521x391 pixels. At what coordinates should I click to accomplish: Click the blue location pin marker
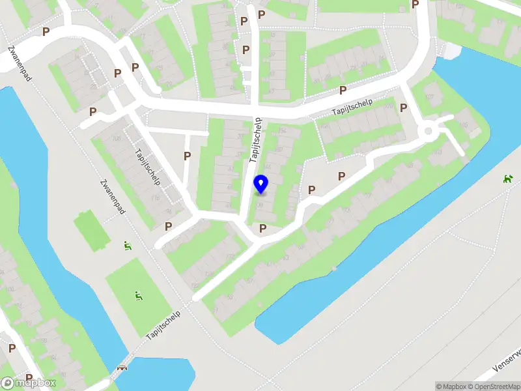[x=261, y=184]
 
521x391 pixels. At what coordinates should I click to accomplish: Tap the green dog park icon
[x=508, y=178]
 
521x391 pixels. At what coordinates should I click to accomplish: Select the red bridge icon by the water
[x=120, y=369]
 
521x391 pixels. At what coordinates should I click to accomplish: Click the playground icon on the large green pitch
[x=138, y=296]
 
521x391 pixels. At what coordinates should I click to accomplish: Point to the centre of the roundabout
[x=429, y=132]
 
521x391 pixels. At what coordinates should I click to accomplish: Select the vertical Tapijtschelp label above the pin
[x=257, y=139]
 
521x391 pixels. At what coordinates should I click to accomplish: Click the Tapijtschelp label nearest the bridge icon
[x=163, y=325]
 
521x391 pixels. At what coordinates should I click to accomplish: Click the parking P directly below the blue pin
[x=262, y=228]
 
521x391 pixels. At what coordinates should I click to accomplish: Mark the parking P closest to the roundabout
[x=404, y=108]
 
